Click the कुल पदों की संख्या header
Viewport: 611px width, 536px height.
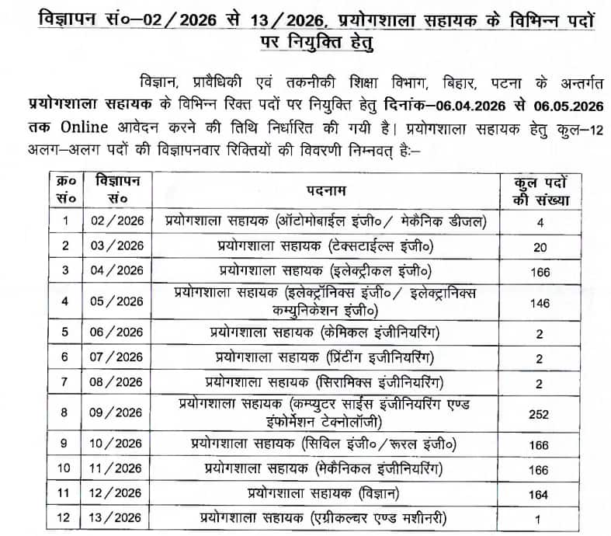click(542, 190)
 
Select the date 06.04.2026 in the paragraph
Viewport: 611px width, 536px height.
click(472, 106)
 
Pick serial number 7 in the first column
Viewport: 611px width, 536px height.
click(66, 383)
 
